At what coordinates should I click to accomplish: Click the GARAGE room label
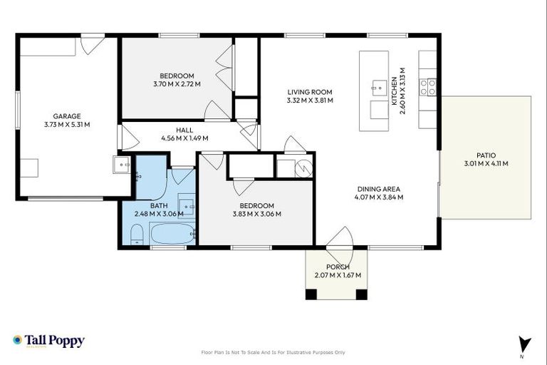(66, 116)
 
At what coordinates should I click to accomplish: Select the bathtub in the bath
(172, 234)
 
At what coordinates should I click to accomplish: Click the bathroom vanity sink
(185, 205)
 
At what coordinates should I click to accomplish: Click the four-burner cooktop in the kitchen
(427, 87)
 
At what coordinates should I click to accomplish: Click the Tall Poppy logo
(48, 341)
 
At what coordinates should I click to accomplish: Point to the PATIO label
(486, 155)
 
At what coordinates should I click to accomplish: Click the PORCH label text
(338, 267)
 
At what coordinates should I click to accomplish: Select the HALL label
(185, 130)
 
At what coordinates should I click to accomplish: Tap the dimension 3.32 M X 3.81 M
(310, 101)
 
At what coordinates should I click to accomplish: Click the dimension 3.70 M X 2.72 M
(177, 84)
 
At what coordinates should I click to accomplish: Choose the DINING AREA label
(379, 189)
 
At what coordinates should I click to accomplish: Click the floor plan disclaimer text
(273, 352)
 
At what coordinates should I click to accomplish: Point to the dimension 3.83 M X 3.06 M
(256, 214)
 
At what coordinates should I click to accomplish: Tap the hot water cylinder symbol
(303, 169)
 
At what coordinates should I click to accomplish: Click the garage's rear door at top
(92, 44)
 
